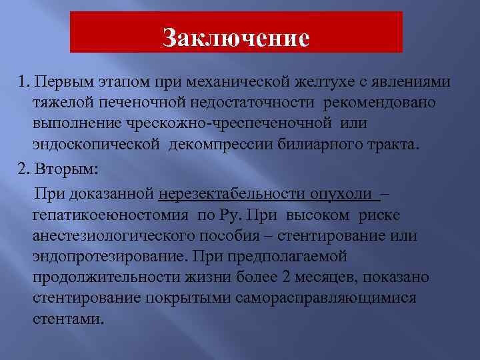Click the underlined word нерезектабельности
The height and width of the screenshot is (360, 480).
tap(231, 194)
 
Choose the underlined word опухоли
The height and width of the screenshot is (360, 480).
tap(341, 194)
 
